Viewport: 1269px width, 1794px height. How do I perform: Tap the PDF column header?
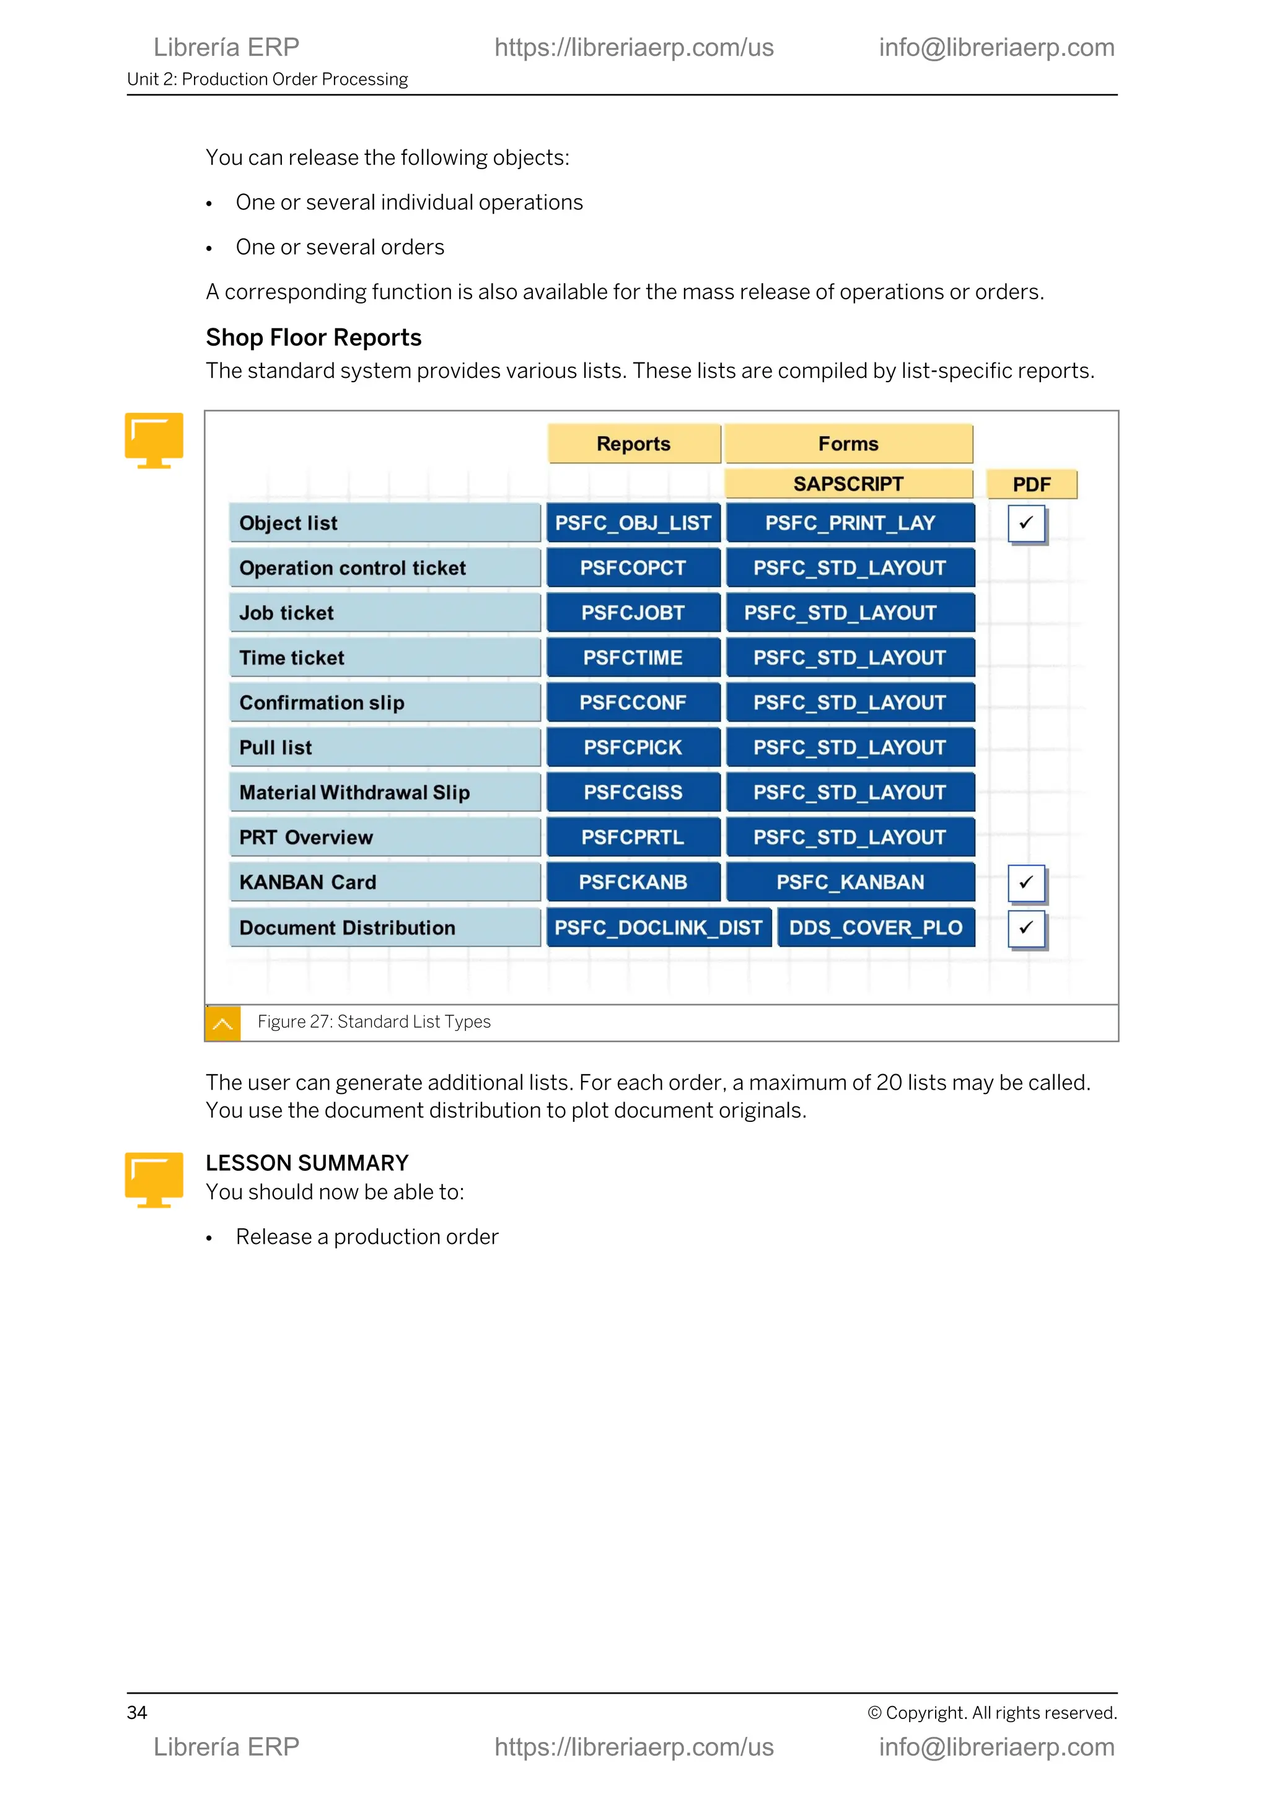[1032, 484]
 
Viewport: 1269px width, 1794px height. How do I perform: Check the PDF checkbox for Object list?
[1026, 523]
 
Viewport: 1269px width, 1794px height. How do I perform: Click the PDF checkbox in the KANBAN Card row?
[1026, 882]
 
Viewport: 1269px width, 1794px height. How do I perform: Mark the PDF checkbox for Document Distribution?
[1026, 927]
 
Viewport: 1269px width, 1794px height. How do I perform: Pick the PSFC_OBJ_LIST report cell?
[633, 523]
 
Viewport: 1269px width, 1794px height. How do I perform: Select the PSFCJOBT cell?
[633, 613]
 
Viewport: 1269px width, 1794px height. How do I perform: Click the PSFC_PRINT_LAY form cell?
[850, 523]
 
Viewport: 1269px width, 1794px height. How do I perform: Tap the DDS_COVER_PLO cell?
[876, 927]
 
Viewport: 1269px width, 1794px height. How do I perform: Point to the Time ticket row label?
[384, 658]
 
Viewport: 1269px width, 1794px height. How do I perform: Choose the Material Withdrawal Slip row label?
[384, 792]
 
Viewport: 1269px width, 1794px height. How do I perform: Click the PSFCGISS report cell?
[633, 792]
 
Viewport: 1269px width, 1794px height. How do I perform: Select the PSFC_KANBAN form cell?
[850, 882]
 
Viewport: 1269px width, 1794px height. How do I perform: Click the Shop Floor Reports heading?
[314, 338]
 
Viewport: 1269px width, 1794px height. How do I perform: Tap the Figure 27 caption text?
[374, 1022]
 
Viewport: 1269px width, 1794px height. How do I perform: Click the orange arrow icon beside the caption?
[222, 1023]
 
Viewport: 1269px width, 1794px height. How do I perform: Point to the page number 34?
[137, 1713]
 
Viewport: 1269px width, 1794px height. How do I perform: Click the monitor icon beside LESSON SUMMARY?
[154, 1179]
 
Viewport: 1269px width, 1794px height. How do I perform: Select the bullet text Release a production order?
[366, 1237]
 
